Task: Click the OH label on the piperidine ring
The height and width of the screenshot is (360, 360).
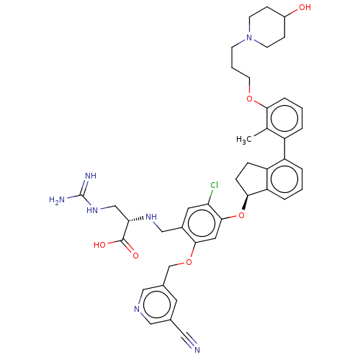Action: (305, 7)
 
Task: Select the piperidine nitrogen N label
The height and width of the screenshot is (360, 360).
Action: (249, 37)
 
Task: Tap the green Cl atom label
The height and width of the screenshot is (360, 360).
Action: (214, 185)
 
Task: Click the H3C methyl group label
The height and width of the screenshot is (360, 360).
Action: (243, 140)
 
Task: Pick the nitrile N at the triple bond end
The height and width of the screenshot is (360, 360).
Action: (197, 350)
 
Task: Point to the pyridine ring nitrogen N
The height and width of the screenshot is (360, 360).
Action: (137, 309)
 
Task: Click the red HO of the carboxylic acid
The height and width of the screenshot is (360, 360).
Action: (99, 245)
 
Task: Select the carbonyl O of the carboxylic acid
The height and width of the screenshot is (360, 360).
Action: (135, 256)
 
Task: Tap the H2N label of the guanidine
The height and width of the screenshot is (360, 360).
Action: (57, 199)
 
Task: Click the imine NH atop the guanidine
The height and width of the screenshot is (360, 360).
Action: (91, 176)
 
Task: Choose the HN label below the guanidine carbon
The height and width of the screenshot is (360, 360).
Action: (92, 210)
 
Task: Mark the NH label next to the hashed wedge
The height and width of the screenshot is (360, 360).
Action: (151, 217)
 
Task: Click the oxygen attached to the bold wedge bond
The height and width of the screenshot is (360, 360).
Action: (241, 215)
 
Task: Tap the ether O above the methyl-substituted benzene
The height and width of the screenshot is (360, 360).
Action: (250, 99)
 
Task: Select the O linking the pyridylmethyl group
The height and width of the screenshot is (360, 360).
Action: (189, 262)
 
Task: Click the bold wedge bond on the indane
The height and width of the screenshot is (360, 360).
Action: (246, 202)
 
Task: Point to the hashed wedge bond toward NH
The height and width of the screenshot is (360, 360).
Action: (136, 220)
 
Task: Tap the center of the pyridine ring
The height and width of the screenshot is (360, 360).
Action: (157, 305)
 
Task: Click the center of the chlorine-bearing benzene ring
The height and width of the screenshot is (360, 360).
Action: (202, 223)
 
